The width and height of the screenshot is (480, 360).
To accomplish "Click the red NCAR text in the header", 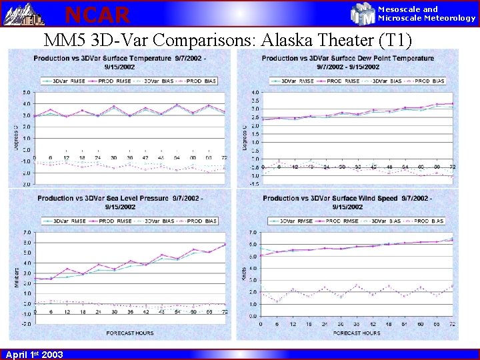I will click(97, 13).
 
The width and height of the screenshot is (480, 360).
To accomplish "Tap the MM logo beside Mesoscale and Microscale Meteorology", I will click(363, 13).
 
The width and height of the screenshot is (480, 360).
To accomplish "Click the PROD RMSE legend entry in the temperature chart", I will click(117, 81).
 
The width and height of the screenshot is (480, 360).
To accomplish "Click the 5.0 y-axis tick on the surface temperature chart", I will click(25, 92).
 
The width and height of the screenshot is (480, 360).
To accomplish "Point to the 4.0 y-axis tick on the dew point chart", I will click(255, 92).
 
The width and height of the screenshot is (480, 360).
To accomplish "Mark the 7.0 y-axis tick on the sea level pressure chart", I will click(26, 233).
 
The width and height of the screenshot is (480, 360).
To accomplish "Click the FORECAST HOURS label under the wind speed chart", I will click(356, 333).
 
